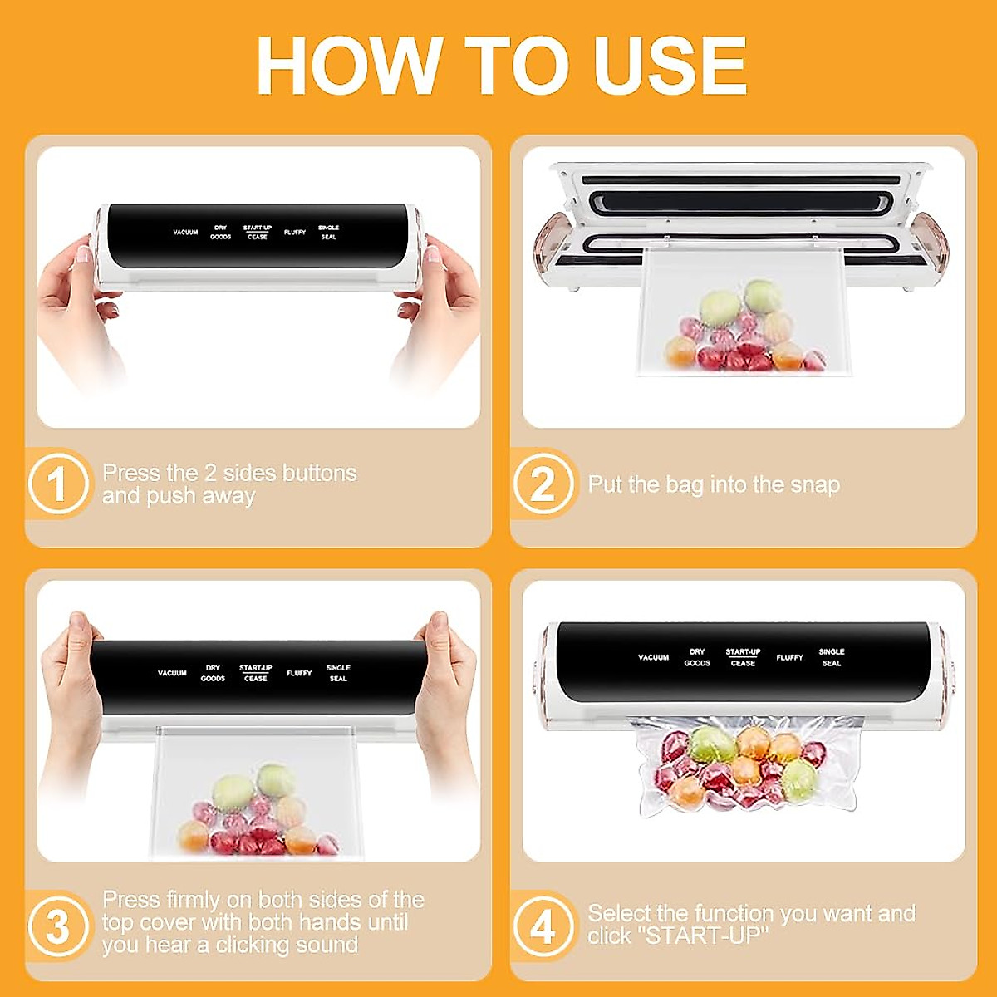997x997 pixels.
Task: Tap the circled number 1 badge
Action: point(57,484)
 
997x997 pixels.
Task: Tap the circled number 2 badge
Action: point(543,484)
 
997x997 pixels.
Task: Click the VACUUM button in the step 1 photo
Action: point(185,233)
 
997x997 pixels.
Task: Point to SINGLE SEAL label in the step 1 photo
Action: point(328,233)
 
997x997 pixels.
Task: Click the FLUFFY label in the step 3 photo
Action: point(299,673)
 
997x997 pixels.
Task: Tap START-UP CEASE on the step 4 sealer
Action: point(743,657)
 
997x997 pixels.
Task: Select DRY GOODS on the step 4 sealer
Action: point(697,657)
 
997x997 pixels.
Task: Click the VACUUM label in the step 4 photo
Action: point(653,657)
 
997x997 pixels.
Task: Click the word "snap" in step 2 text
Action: point(815,485)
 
